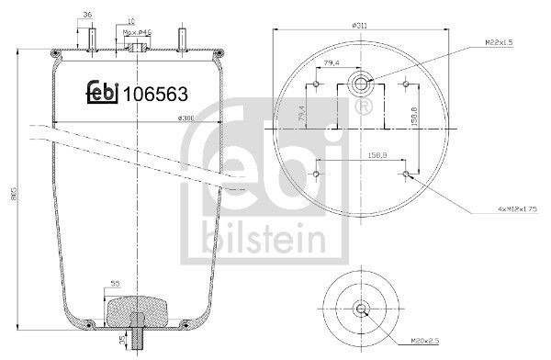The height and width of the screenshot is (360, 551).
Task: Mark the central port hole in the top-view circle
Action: tap(360, 86)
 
